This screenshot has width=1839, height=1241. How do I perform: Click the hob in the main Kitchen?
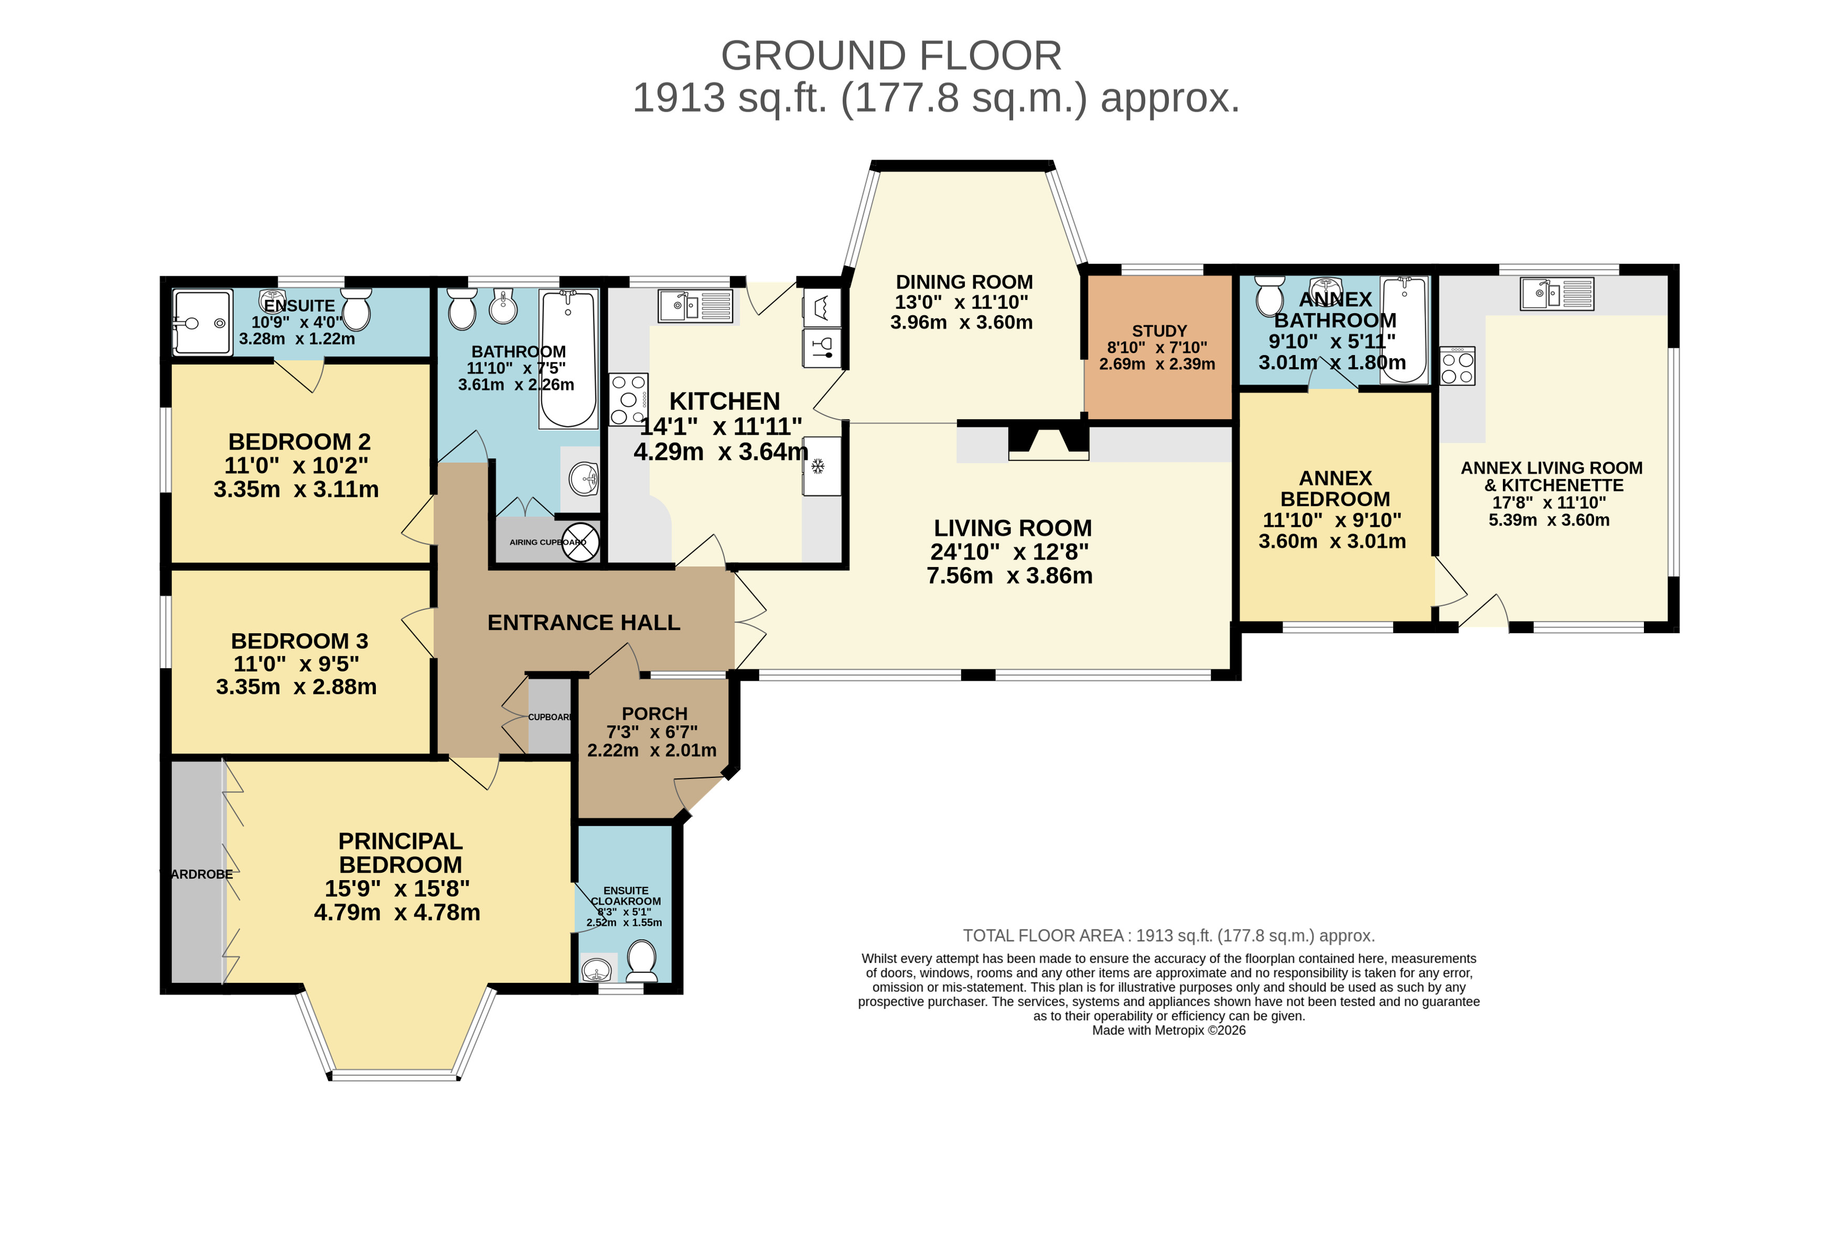[x=628, y=400]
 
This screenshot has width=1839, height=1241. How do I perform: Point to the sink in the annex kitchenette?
[x=1556, y=294]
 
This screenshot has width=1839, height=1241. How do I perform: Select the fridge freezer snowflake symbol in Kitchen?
[x=819, y=466]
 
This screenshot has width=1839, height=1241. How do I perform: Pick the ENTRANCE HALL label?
[x=583, y=623]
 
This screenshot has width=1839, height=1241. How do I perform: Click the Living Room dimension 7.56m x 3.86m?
[x=1009, y=575]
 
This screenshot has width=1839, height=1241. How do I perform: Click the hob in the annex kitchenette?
[x=1457, y=366]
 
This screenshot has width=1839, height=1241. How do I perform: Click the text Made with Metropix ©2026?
[x=1168, y=1031]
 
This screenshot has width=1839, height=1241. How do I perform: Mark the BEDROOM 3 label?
[x=299, y=641]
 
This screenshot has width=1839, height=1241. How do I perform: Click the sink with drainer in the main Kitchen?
[x=695, y=305]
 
